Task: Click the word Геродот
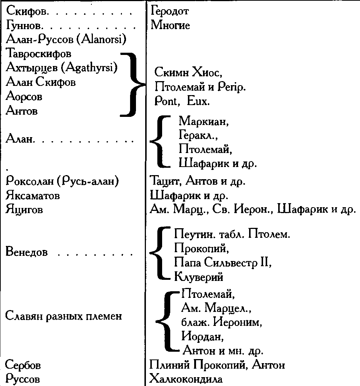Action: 169,11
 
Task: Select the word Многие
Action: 170,25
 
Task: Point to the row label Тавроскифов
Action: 39,54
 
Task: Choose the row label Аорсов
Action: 24,96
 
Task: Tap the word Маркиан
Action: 204,121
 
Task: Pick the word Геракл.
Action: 198,135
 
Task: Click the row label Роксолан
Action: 29,181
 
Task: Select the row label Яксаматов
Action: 33,196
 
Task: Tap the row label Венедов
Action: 27,252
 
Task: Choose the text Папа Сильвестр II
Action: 223,263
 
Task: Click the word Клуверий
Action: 199,277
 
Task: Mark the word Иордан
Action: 203,336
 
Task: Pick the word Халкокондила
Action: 186,379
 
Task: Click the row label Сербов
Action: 23,365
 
